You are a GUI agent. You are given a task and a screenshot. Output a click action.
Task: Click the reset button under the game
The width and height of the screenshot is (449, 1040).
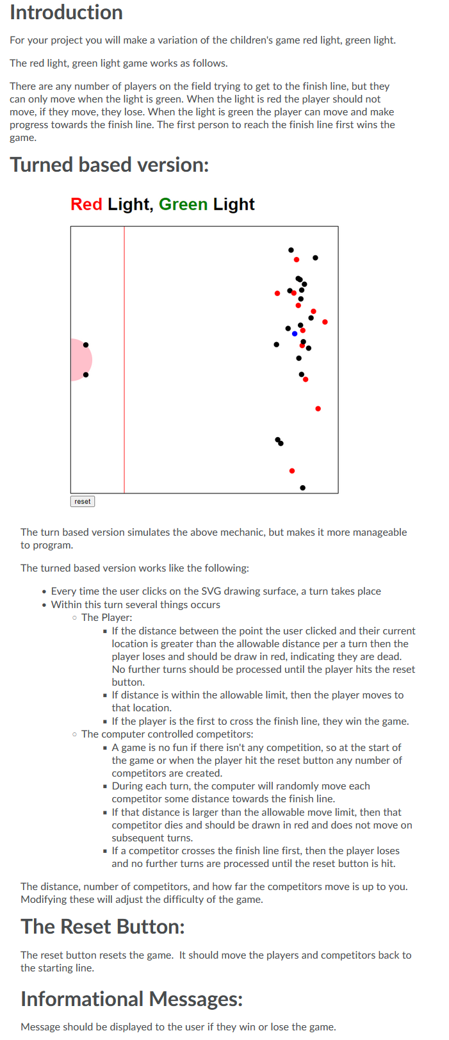coord(83,501)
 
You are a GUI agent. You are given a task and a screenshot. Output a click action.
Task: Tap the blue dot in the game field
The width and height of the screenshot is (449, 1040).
coord(295,334)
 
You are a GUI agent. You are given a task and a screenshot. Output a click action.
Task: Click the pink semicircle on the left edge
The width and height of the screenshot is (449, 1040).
coord(79,359)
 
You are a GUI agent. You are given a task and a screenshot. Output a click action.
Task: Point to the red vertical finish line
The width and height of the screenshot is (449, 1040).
coord(124,384)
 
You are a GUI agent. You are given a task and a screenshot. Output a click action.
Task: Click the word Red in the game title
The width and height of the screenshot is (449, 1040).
coord(86,204)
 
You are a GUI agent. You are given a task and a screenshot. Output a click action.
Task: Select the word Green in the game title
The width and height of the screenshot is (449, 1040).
coord(183,204)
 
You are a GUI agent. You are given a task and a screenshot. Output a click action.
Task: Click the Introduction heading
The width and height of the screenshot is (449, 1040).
coord(66,13)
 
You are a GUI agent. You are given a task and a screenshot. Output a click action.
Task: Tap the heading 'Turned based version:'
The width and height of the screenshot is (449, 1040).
coord(110,165)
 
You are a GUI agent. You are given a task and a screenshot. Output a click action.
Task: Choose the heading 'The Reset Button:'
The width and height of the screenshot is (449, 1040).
coord(102,927)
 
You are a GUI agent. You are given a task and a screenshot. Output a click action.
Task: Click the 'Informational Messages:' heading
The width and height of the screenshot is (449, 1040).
coord(131,999)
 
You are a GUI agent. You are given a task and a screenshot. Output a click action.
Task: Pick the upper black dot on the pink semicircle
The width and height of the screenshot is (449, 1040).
coord(86,345)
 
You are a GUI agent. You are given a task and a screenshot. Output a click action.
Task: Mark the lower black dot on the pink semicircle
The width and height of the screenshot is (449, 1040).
coord(86,374)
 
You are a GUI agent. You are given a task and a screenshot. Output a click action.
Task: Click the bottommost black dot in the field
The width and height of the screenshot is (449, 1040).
coord(303,488)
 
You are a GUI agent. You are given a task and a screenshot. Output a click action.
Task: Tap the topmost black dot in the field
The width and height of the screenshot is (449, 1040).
coord(291,250)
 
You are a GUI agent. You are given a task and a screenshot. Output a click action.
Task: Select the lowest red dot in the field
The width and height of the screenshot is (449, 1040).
coord(292,471)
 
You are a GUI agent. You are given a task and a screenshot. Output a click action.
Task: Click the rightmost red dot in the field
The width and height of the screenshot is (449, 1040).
coord(325,322)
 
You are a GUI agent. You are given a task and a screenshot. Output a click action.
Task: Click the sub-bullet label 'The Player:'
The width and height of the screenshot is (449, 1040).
coord(106,618)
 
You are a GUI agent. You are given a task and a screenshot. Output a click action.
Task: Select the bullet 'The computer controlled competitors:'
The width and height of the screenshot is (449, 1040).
coord(167,734)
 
